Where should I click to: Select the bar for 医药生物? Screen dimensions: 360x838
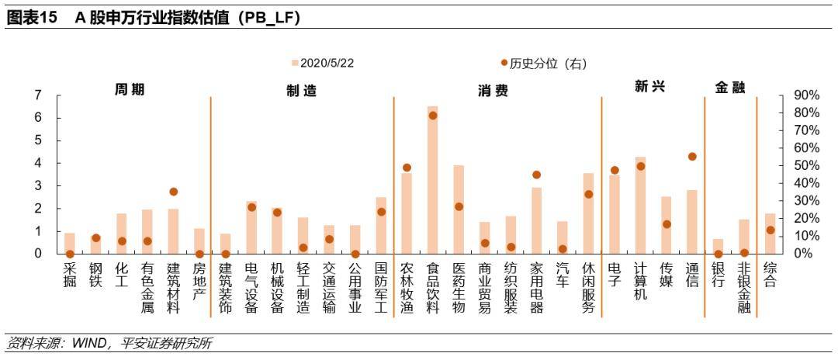[x=459, y=209]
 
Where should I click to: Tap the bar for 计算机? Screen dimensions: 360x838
[x=640, y=206]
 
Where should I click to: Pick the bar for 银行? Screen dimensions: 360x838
[x=718, y=246]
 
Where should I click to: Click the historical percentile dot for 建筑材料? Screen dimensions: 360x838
[x=173, y=192]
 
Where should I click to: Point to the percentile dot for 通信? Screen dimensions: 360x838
[x=692, y=157]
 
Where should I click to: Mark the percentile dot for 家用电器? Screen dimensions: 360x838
[x=536, y=175]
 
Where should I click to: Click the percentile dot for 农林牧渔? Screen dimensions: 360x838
[x=407, y=168]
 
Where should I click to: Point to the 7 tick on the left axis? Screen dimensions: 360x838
[x=37, y=95]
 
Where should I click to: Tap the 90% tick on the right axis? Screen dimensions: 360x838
[x=806, y=95]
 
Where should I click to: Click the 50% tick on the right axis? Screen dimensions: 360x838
[x=806, y=165]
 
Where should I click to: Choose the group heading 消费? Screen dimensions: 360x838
[x=493, y=91]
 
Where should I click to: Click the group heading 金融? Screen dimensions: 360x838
[x=729, y=88]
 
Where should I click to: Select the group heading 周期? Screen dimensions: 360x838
[x=130, y=89]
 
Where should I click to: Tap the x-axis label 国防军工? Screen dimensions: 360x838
[x=380, y=287]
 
